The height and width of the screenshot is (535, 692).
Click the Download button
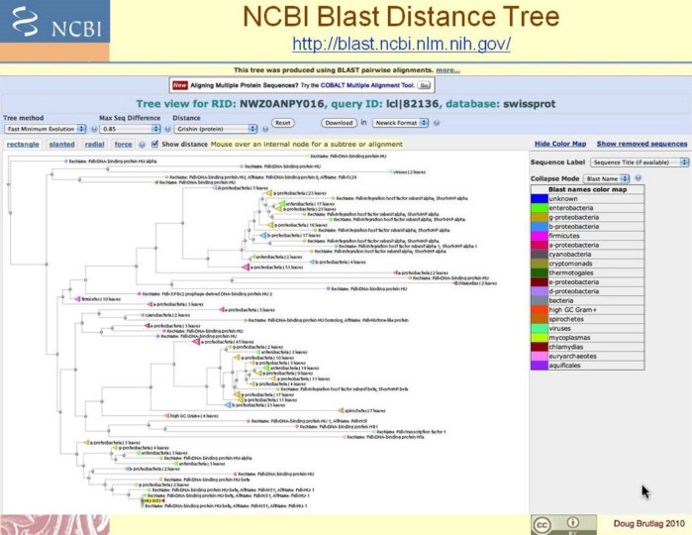pos(339,123)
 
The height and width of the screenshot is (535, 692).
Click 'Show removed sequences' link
pos(642,144)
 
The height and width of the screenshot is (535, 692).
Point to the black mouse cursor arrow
pos(644,490)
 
